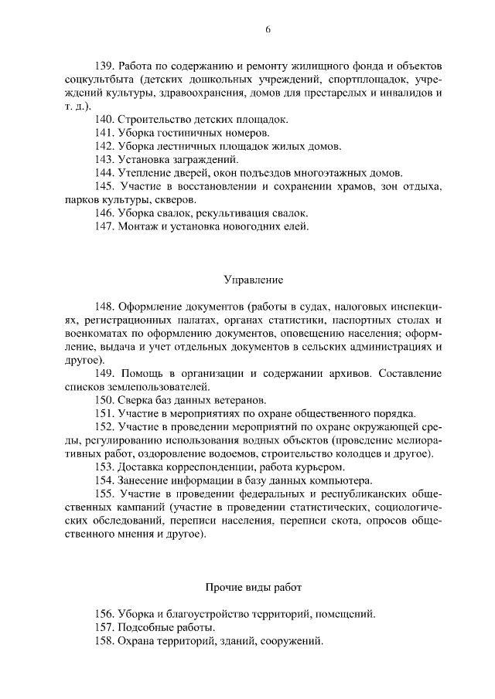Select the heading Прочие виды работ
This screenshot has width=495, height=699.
[x=254, y=588]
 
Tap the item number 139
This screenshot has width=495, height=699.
[x=104, y=67]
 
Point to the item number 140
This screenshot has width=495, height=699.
[x=104, y=120]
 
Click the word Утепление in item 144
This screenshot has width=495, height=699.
[x=142, y=172]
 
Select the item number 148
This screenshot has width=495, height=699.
[x=104, y=306]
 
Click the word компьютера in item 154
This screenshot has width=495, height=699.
[x=343, y=480]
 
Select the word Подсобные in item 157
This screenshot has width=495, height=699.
[x=145, y=627]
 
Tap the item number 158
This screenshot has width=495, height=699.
[x=104, y=641]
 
